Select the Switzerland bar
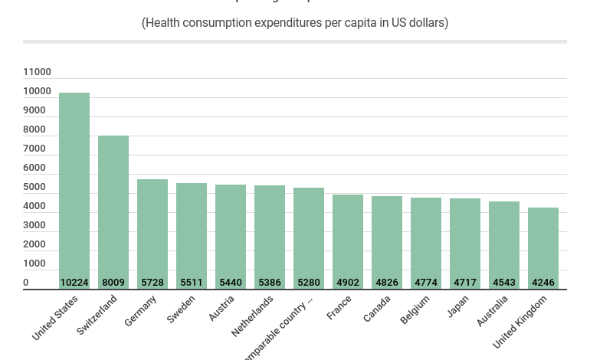(x=113, y=207)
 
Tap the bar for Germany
(x=152, y=230)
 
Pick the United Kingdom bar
(x=543, y=245)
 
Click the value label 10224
(x=74, y=283)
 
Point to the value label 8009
(x=113, y=283)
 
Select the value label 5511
(x=192, y=283)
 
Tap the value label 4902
(x=348, y=283)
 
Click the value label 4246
(x=543, y=283)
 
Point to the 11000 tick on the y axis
(x=37, y=72)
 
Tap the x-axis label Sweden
(x=182, y=309)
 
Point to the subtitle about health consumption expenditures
(x=295, y=23)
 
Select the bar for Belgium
(x=426, y=237)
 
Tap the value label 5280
(x=309, y=283)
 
